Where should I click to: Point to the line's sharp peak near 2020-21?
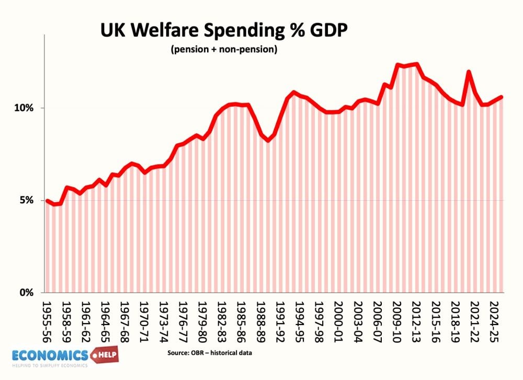point(469,72)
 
